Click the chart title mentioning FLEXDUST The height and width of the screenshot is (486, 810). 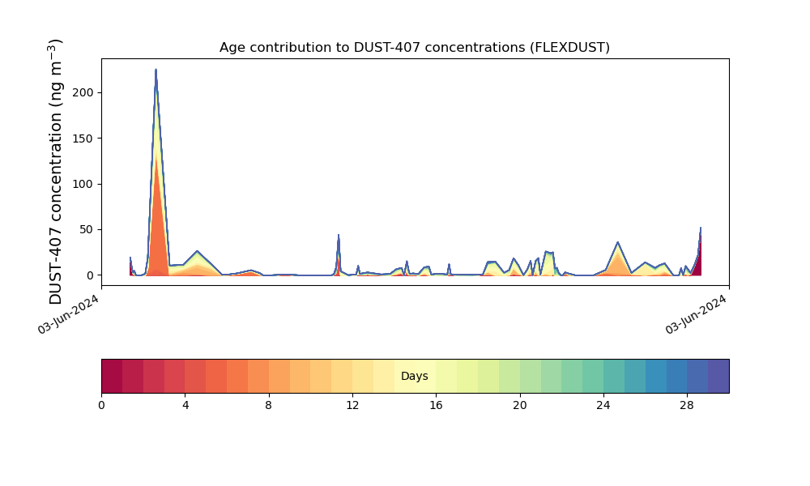pos(414,48)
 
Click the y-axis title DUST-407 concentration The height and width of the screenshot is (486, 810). pos(55,172)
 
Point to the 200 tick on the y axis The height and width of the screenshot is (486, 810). pos(83,93)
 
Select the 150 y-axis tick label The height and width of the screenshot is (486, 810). pos(83,139)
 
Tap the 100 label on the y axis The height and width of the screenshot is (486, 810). pos(83,184)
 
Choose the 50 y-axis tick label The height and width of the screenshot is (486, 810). pos(87,229)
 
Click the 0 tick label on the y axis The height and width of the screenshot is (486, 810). pos(91,275)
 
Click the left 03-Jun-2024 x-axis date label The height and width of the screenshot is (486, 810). pos(68,314)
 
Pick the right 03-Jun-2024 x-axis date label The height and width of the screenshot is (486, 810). pos(695,314)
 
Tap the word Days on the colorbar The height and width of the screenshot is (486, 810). pos(414,376)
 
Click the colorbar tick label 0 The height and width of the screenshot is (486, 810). pos(101,406)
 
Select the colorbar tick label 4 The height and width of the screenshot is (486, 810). pos(185,406)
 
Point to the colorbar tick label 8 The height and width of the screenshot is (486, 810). pos(269,406)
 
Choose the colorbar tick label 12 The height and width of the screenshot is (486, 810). pos(352,406)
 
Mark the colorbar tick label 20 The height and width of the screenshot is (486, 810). pos(520,406)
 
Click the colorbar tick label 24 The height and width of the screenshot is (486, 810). pos(603,406)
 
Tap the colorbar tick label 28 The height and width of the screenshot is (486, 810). pos(687,406)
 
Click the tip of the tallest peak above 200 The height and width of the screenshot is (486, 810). pos(156,69)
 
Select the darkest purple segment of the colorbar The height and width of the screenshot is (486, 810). pos(718,376)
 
